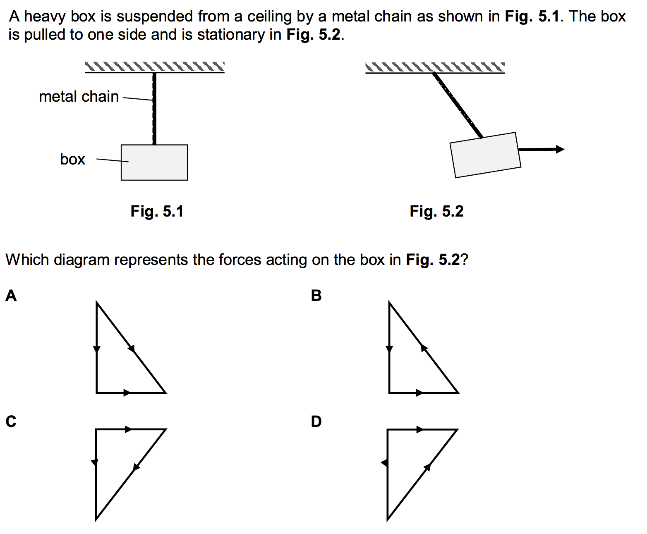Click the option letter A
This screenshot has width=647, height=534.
click(11, 296)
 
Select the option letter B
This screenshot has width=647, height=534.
click(316, 296)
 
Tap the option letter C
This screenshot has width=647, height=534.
click(11, 421)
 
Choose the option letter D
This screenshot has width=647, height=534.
click(316, 421)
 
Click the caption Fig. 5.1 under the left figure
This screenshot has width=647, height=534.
click(157, 211)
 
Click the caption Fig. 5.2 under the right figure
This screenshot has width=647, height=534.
click(436, 211)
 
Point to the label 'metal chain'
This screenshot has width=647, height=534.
click(79, 97)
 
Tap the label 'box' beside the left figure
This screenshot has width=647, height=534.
click(72, 159)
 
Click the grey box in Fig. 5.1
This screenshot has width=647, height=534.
click(154, 162)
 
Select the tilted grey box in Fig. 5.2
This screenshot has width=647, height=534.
click(485, 155)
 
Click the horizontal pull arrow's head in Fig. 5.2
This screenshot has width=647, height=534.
click(560, 149)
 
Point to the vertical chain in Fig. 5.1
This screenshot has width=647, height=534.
click(154, 110)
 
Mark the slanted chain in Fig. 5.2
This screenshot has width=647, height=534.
click(458, 105)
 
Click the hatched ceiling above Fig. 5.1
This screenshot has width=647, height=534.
click(155, 67)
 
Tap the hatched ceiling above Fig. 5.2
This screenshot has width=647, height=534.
click(435, 67)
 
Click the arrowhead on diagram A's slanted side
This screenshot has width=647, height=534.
click(132, 348)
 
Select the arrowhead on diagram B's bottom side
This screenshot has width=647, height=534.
click(419, 393)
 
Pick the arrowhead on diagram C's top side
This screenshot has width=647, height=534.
click(129, 429)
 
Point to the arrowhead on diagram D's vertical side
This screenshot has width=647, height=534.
click(385, 463)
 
